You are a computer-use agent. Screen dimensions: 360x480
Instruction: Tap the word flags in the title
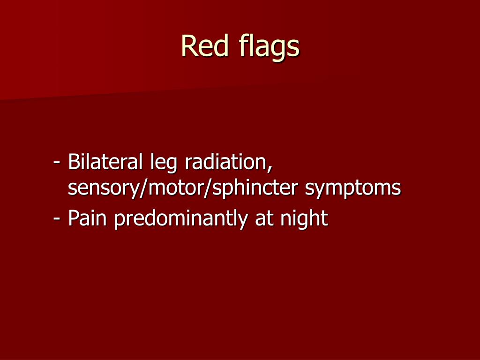click(x=269, y=47)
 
